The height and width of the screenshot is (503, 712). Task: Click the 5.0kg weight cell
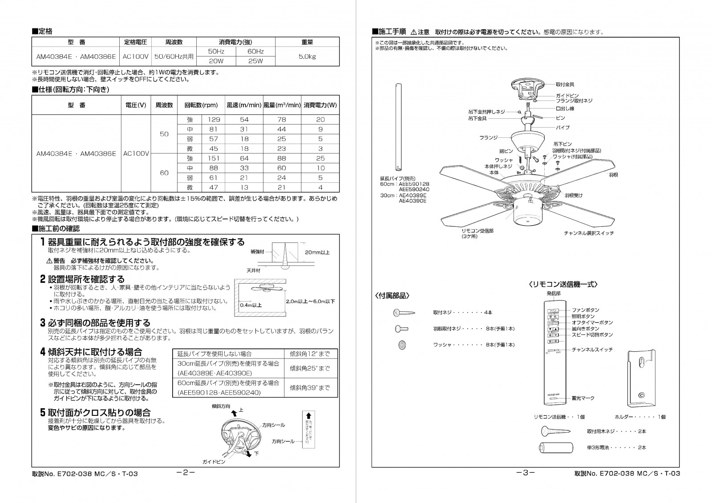coord(307,56)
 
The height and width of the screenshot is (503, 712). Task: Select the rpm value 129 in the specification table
coord(214,120)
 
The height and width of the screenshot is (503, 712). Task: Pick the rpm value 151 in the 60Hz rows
coord(214,158)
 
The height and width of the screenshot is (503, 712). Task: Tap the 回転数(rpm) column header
coord(201,105)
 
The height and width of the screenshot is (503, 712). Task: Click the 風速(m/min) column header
coord(244,105)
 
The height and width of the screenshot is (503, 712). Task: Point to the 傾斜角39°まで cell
coord(310,388)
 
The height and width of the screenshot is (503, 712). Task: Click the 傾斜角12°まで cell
coord(310,354)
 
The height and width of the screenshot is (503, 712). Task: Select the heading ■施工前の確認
coord(56,229)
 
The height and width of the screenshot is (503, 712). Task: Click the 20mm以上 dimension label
coord(317,252)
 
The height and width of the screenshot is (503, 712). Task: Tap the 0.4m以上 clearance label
coord(251,306)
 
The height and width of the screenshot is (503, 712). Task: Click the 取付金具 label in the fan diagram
coord(565,84)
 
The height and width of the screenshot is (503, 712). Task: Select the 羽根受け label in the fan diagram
coord(574,195)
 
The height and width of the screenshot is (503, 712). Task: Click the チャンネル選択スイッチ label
coord(589,233)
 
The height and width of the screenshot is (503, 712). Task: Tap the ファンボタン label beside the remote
coord(585,310)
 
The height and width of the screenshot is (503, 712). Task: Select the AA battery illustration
coord(554,448)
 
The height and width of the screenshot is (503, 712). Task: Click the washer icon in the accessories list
coord(402,345)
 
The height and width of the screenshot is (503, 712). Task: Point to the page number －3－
coord(526,473)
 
